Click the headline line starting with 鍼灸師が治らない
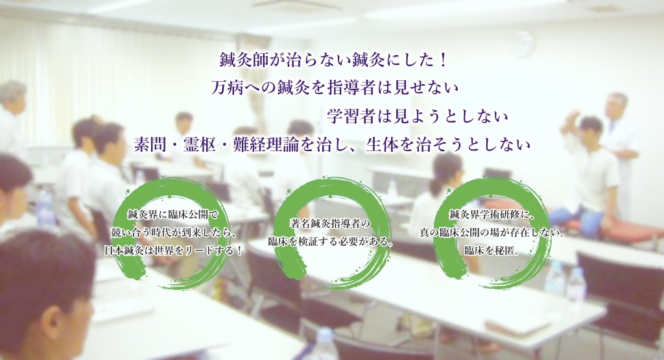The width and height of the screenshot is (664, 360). click(333, 61)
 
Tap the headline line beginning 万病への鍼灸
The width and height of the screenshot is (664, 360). click(335, 88)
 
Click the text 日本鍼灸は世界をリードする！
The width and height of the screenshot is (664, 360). click(174, 251)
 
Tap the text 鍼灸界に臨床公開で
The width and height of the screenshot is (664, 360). click(173, 215)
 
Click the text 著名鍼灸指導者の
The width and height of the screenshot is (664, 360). click(330, 222)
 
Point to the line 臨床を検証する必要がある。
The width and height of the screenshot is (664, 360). click(331, 241)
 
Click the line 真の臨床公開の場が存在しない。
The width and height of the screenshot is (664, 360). click(492, 233)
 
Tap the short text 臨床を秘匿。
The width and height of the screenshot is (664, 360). click(492, 251)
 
